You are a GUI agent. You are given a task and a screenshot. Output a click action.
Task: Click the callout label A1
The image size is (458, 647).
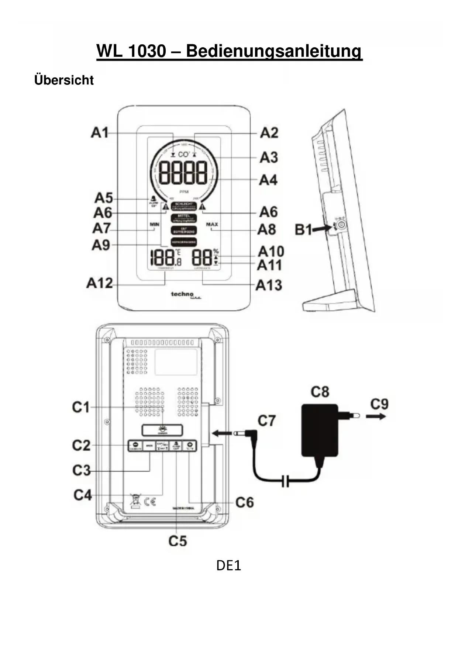pyautogui.click(x=100, y=132)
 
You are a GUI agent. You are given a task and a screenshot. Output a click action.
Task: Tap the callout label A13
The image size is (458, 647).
pyautogui.click(x=269, y=285)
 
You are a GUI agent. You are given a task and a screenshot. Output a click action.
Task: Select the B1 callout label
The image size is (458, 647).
pyautogui.click(x=303, y=230)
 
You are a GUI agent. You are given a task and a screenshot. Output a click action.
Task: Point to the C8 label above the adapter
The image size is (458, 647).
pyautogui.click(x=320, y=392)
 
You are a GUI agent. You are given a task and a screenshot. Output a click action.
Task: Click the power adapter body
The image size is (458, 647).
pyautogui.click(x=320, y=430)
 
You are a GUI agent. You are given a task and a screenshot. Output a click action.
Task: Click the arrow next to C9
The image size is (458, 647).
pyautogui.click(x=376, y=416)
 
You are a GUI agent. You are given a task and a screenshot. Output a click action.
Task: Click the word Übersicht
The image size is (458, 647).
pyautogui.click(x=64, y=80)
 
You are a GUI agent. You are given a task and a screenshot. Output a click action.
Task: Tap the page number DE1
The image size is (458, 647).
pyautogui.click(x=228, y=565)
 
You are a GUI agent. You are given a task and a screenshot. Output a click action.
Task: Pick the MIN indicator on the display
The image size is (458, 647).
pyautogui.click(x=154, y=224)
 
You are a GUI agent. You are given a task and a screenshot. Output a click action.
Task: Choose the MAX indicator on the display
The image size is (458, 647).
pyautogui.click(x=212, y=224)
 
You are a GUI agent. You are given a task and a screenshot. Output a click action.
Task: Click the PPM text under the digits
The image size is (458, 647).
pyautogui.click(x=184, y=192)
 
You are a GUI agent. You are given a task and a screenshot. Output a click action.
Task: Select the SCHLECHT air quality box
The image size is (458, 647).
pyautogui.click(x=184, y=206)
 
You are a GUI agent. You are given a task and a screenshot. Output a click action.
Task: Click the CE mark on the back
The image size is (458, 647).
pyautogui.click(x=150, y=501)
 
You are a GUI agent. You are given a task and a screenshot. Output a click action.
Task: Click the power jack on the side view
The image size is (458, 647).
pyautogui.click(x=342, y=225)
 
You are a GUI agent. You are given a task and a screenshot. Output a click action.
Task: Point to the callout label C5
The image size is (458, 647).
pyautogui.click(x=178, y=541)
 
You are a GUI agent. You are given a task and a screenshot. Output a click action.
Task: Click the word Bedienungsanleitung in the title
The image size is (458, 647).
pyautogui.click(x=273, y=51)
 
